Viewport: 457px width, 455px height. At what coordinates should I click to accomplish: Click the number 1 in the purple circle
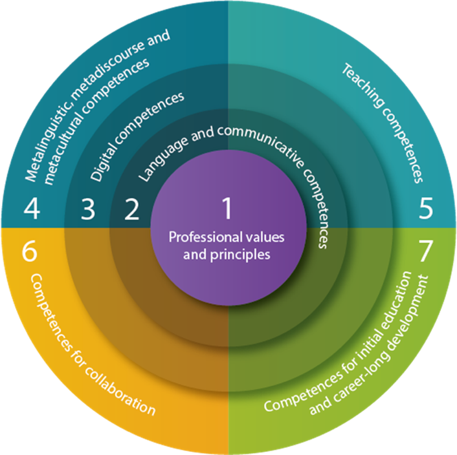pos(227,209)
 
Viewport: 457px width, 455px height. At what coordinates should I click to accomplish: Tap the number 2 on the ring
pos(131,209)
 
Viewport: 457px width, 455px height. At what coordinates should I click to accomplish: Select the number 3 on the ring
pos(88,209)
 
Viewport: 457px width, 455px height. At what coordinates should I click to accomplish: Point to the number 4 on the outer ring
pos(31,209)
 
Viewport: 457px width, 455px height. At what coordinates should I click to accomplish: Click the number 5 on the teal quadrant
pos(425,209)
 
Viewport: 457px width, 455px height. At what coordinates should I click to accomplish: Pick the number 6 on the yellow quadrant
pos(30,251)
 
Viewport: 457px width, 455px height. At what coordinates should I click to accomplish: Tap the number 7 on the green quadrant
pos(425,251)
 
